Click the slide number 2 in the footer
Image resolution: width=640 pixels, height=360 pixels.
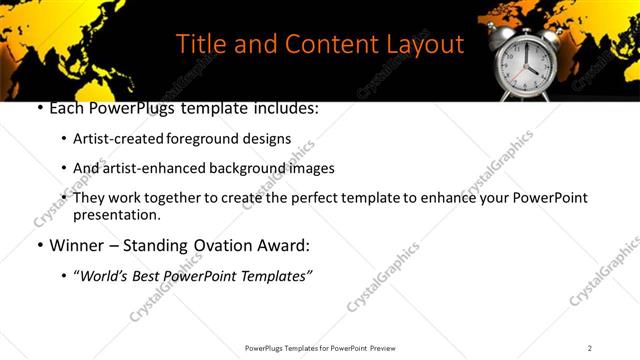[590, 348]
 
